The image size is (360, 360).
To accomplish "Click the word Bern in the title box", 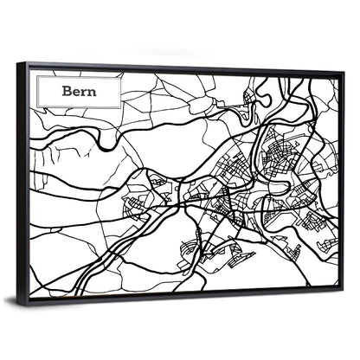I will (x=80, y=89).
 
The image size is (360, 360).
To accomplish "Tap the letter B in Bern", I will (x=67, y=89).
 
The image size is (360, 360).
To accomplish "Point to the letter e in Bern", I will (x=77, y=90).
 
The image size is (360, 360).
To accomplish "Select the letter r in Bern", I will (x=85, y=90).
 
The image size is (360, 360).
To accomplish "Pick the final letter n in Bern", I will (x=93, y=90).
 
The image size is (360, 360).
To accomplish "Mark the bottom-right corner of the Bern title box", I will (x=121, y=106).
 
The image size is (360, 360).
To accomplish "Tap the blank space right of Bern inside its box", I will (x=108, y=90).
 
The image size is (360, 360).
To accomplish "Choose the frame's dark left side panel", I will (x=22, y=182).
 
